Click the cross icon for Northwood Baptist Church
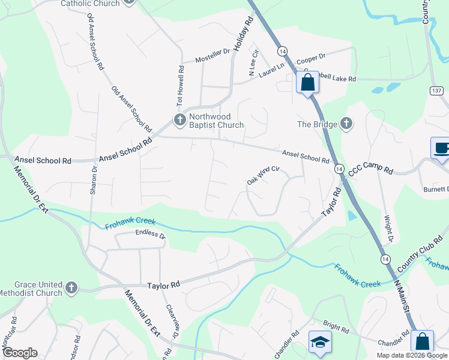click(x=179, y=120)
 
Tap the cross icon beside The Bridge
click(x=345, y=124)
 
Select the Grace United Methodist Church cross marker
click(x=71, y=288)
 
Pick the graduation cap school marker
click(x=319, y=342)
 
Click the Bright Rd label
click(x=336, y=326)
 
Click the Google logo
click(x=19, y=353)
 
